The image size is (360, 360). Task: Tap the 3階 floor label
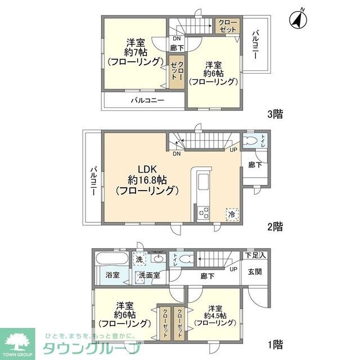click(275, 114)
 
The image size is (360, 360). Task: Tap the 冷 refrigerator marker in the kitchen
click(231, 214)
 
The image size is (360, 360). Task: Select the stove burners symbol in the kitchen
click(203, 213)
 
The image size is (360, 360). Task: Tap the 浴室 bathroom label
click(112, 275)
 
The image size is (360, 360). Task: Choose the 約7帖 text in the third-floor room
click(133, 52)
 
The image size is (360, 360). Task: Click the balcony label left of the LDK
click(93, 178)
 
